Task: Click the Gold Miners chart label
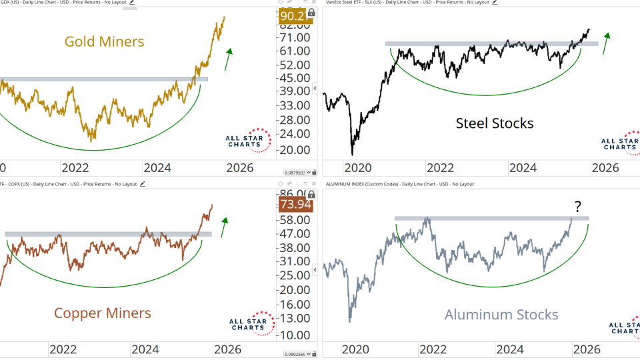104,42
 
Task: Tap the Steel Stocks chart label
495,123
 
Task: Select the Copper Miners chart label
102,313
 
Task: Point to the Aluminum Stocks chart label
501,315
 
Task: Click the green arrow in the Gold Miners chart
228,59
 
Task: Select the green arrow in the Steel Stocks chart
605,43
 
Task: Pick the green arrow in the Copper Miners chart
225,226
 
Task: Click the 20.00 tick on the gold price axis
295,151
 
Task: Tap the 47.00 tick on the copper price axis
295,234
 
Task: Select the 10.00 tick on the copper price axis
295,335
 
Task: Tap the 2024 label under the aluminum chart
509,349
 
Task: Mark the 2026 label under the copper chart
228,349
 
